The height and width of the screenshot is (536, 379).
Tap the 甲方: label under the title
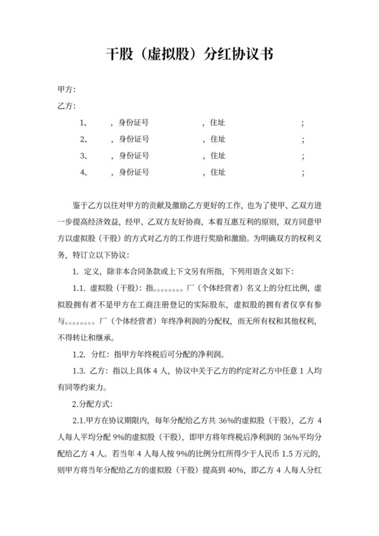(66, 89)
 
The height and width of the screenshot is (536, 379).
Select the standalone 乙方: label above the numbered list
(66, 106)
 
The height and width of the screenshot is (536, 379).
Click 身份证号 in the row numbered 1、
(134, 123)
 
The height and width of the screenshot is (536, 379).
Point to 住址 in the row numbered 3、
(218, 156)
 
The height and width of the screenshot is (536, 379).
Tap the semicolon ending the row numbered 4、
(303, 173)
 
